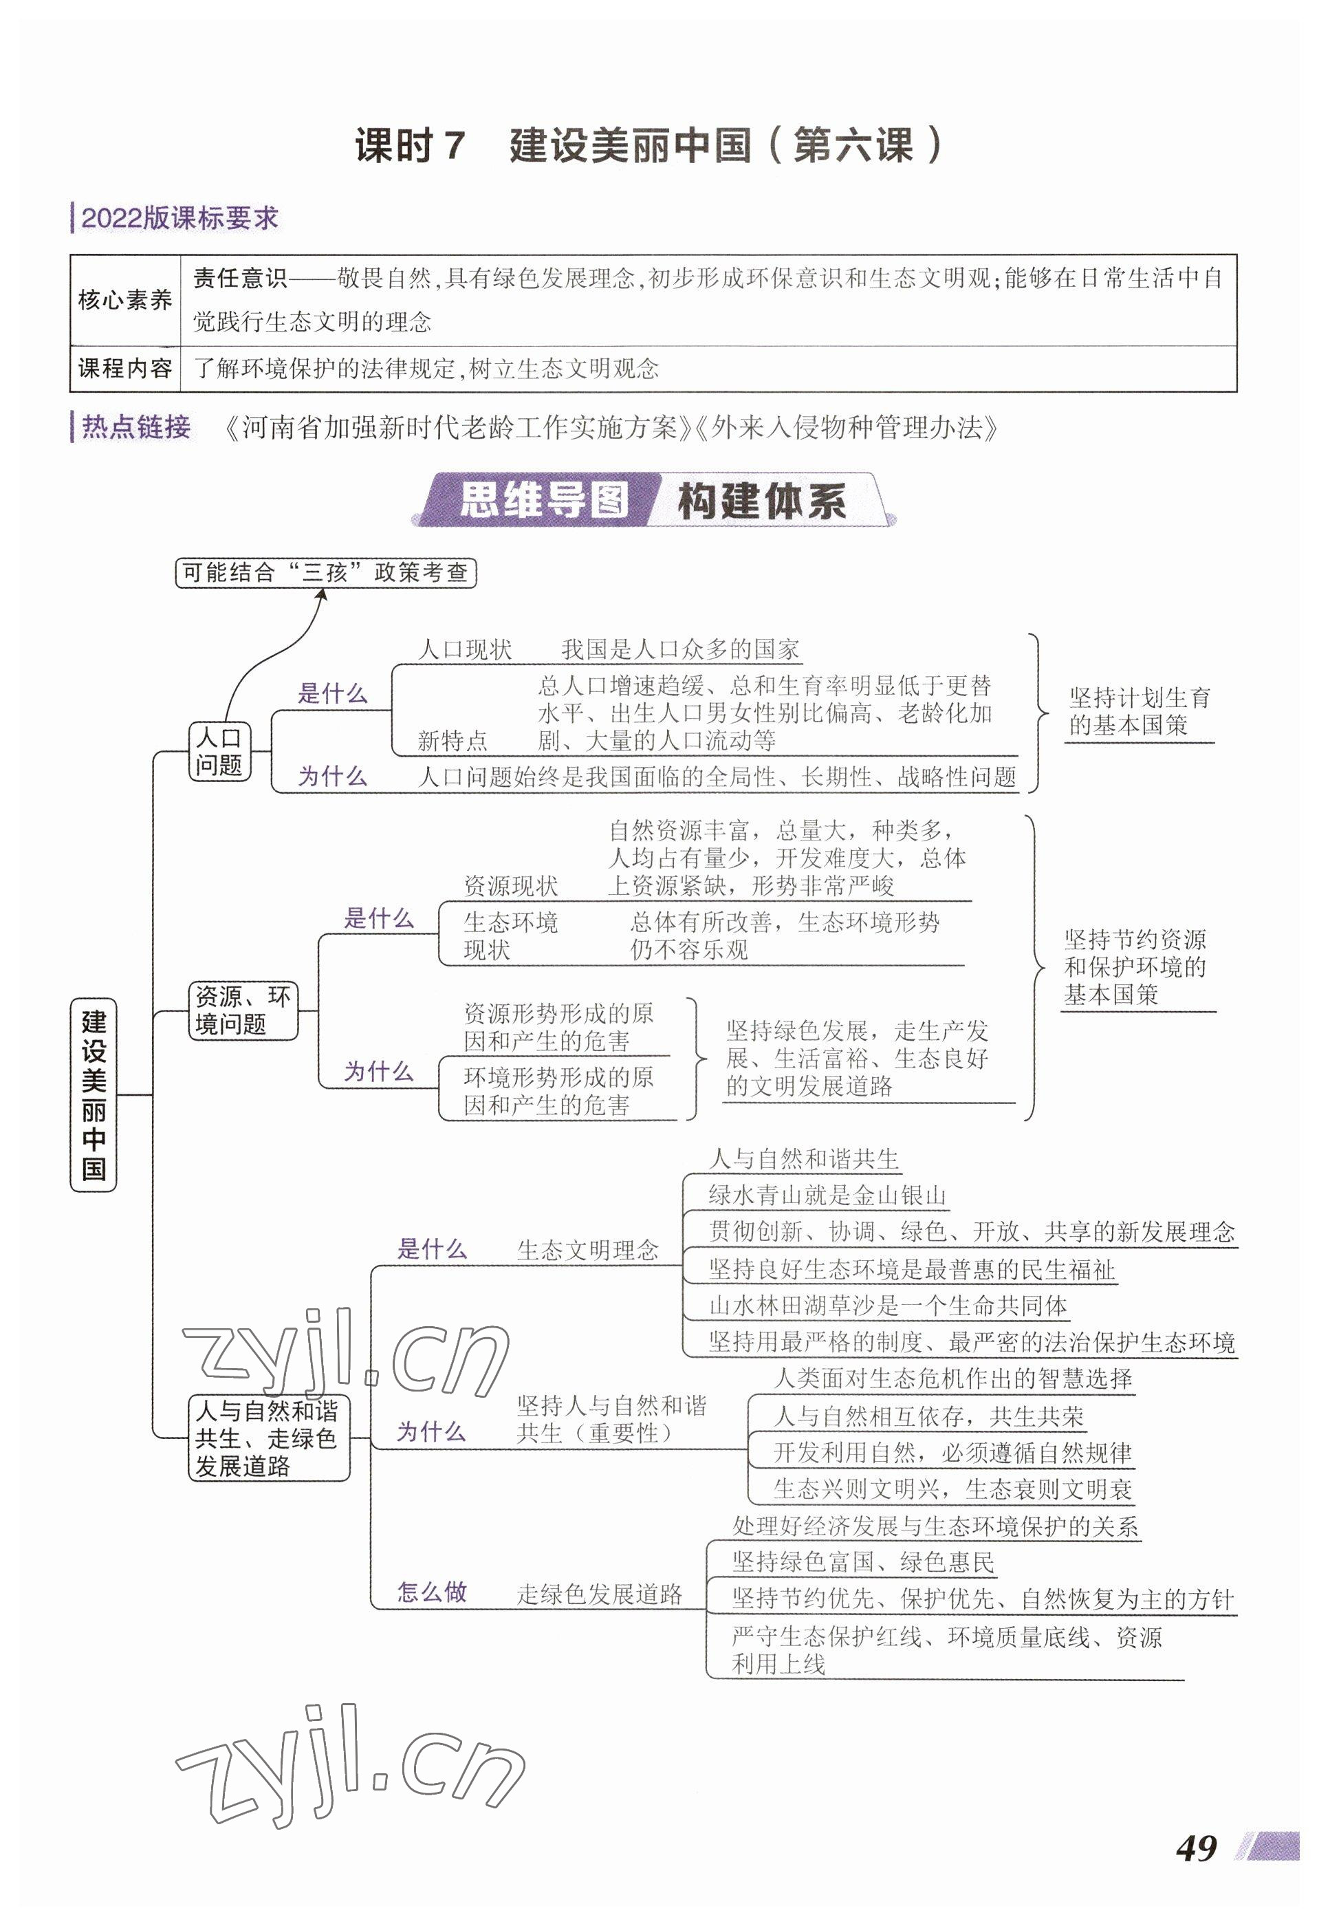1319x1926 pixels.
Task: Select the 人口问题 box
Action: pyautogui.click(x=219, y=751)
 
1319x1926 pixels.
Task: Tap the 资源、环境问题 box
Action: pyautogui.click(x=242, y=1010)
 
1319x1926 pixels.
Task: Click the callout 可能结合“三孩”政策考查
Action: pyautogui.click(x=325, y=573)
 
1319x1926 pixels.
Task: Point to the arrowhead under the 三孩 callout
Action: pyautogui.click(x=321, y=594)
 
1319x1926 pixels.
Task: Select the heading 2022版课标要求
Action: pyautogui.click(x=179, y=218)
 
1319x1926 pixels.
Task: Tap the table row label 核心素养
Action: pyautogui.click(x=125, y=300)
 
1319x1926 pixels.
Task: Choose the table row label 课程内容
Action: pyautogui.click(x=125, y=368)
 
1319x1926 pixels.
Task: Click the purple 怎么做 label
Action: pyautogui.click(x=432, y=1590)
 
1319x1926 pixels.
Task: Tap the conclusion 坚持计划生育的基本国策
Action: pyautogui.click(x=1138, y=711)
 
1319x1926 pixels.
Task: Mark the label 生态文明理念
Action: pyautogui.click(x=587, y=1250)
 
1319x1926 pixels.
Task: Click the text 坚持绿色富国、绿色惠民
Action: pyautogui.click(x=862, y=1562)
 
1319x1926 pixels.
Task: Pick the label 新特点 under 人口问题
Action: pyautogui.click(x=453, y=740)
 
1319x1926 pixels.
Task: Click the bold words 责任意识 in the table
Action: pyautogui.click(x=239, y=279)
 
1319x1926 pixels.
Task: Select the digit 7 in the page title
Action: pyautogui.click(x=453, y=146)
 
